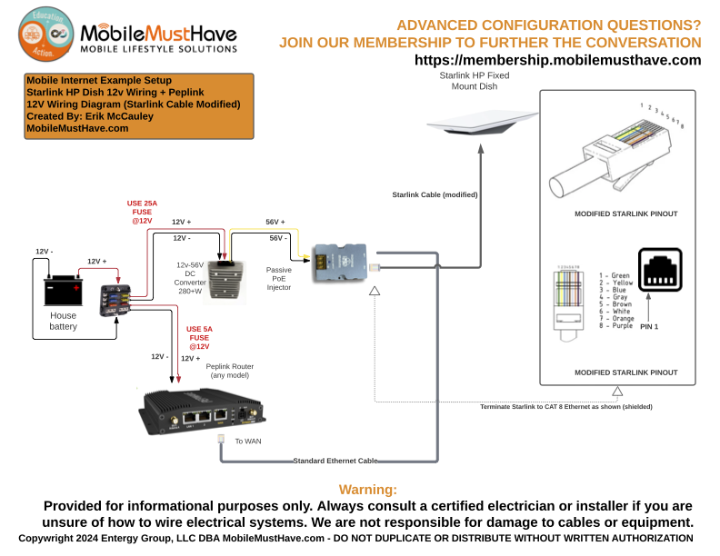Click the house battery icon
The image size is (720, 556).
coord(63,292)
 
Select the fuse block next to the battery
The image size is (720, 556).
coord(115,299)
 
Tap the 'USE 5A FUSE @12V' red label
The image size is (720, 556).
coord(199,337)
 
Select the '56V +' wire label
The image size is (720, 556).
coord(275,223)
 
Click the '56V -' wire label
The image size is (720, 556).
coord(279,238)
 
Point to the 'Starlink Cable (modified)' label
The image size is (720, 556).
coord(435,194)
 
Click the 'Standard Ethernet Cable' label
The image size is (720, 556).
coord(335,461)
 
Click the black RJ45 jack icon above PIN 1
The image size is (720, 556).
coord(660,268)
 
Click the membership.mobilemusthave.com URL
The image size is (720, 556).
coord(557,60)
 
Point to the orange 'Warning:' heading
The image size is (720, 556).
coord(367,489)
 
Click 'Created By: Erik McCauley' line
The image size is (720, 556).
coord(89,116)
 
